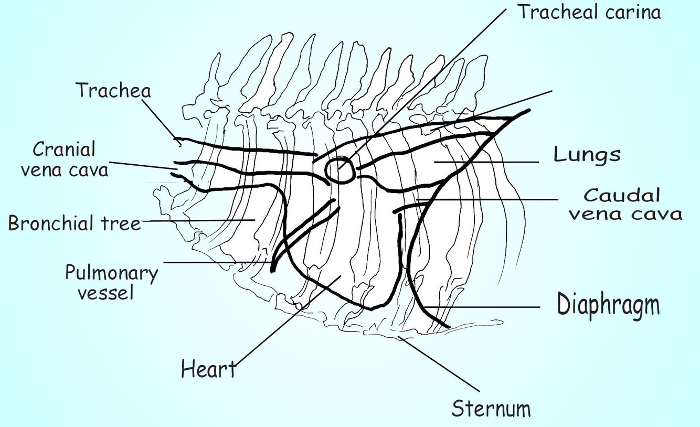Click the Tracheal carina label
(x=589, y=12)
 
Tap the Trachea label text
(x=113, y=91)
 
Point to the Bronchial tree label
(x=75, y=224)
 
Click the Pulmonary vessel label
(x=111, y=282)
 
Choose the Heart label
(x=208, y=369)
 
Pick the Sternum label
(x=491, y=409)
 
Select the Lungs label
(x=587, y=155)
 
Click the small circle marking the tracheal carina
(x=340, y=170)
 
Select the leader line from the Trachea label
(x=160, y=119)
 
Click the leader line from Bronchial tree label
(x=199, y=221)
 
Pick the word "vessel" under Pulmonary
(x=105, y=292)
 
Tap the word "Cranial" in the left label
(x=64, y=150)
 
